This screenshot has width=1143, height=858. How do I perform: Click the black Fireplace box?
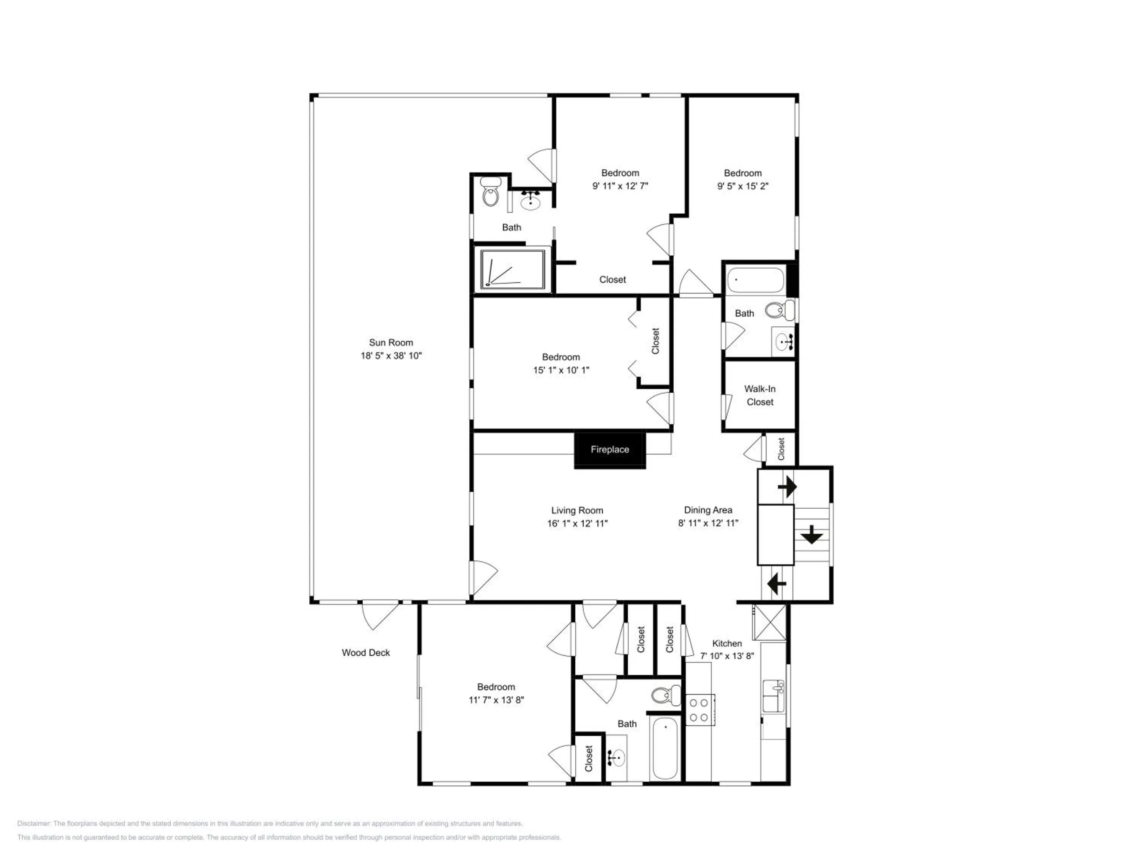610,450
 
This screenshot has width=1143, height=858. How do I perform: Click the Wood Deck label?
365,653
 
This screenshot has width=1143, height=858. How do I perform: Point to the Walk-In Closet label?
760,395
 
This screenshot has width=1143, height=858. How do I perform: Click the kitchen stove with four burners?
700,710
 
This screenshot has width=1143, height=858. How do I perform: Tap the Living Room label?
577,511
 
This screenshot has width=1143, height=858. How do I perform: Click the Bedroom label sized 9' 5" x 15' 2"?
743,173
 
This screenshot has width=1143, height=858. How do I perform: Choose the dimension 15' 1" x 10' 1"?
561,370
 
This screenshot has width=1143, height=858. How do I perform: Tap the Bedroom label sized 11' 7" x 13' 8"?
496,687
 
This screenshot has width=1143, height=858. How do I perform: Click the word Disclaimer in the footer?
34,823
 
